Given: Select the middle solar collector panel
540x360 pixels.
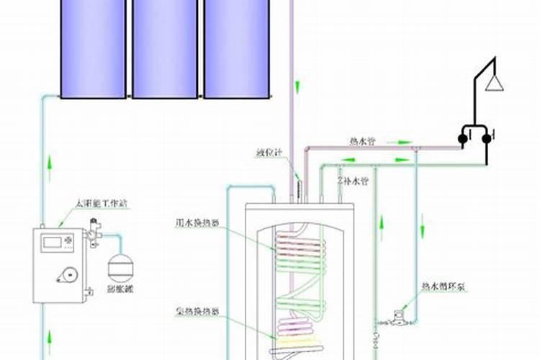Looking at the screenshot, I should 164,48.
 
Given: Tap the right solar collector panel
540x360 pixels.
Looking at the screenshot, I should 237,48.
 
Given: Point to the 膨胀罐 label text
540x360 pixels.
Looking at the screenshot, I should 122,288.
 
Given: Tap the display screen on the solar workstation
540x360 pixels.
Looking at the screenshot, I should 52,240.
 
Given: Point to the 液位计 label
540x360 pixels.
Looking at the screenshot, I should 266,153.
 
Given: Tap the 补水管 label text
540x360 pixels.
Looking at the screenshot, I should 359,179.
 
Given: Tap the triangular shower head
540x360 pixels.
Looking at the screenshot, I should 494,84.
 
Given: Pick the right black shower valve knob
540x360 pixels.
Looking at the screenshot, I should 487,138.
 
